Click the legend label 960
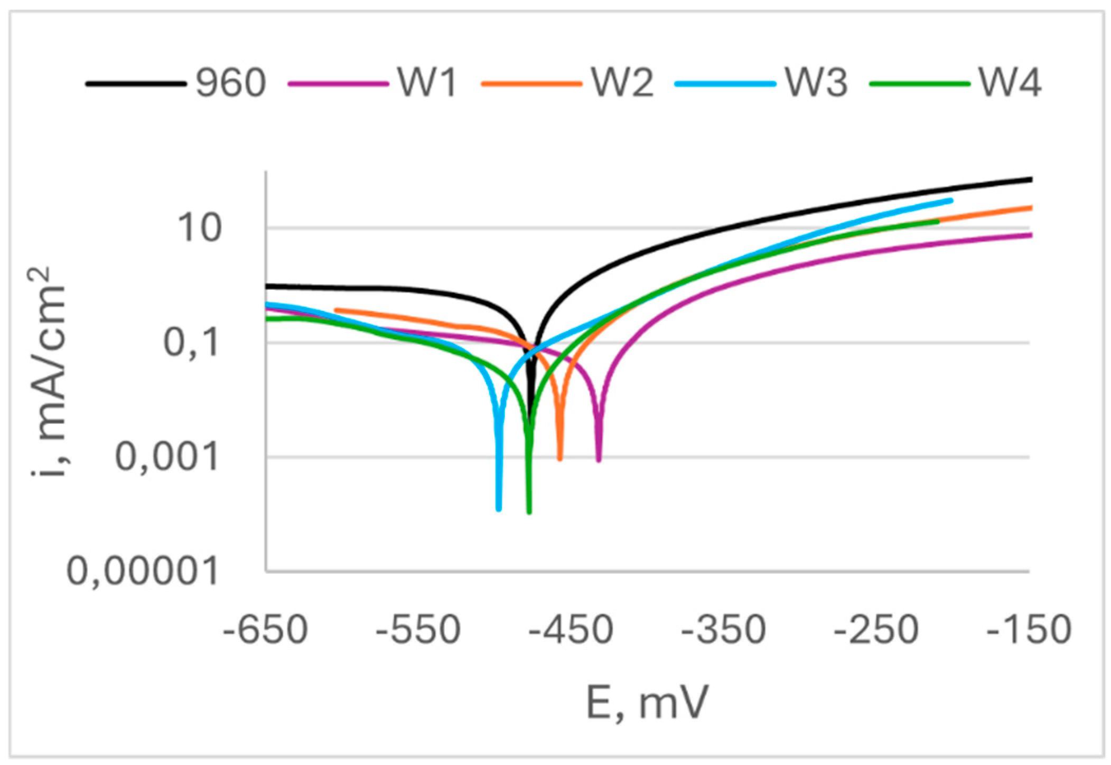(230, 83)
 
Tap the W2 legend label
(622, 83)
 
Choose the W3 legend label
(816, 83)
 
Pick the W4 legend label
(1010, 83)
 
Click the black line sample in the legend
(136, 84)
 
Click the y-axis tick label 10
(199, 229)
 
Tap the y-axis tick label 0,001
(167, 457)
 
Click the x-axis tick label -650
(265, 630)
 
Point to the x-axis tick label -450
(571, 630)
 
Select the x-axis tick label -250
(876, 630)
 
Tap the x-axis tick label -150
(1029, 630)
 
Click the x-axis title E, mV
(647, 703)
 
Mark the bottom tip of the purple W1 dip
(599, 460)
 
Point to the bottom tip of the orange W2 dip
(560, 459)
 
